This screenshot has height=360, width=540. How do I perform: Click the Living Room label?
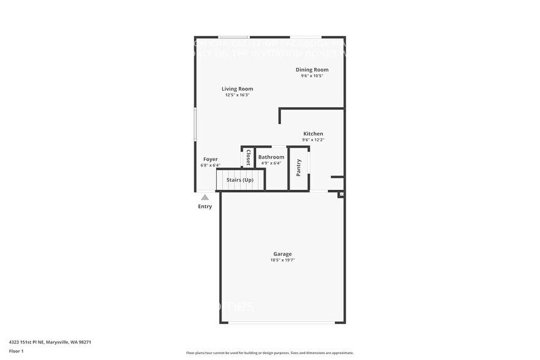237,89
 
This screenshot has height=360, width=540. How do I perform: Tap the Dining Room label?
312,70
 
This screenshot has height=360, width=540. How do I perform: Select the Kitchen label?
313,133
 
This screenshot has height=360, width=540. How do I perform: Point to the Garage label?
282,254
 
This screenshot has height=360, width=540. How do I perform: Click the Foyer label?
210,159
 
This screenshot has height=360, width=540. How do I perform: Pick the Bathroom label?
271,157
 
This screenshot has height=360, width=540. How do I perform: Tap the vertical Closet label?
248,158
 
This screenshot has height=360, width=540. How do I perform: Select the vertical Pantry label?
299,168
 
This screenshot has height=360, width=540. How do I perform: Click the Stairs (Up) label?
239,180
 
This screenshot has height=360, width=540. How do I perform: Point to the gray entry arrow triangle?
204,197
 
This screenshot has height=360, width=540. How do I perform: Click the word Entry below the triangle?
204,206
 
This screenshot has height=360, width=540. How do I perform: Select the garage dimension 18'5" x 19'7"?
282,260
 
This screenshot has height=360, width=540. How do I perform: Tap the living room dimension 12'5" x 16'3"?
237,95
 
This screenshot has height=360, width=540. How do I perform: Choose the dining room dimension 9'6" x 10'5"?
312,76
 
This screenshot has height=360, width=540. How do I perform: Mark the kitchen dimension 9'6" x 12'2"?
313,140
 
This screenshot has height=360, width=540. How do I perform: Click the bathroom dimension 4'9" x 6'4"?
271,163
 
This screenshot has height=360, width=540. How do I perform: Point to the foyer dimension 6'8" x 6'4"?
210,165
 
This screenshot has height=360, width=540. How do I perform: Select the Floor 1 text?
16,351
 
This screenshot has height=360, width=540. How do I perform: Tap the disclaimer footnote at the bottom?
269,353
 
